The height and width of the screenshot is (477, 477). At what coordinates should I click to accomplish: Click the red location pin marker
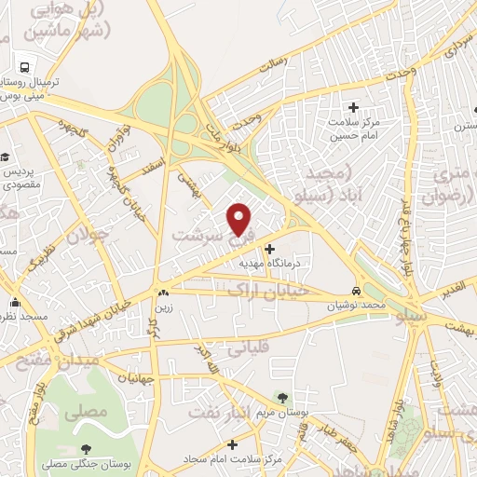(x=240, y=219)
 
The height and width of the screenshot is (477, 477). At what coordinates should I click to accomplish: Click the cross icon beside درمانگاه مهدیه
(x=270, y=249)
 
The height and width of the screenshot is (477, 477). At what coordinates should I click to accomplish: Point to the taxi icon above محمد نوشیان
(x=357, y=290)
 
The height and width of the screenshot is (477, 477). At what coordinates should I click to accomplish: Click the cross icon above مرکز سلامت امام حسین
(x=352, y=106)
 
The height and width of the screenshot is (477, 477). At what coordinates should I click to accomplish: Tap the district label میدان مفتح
(x=39, y=356)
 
